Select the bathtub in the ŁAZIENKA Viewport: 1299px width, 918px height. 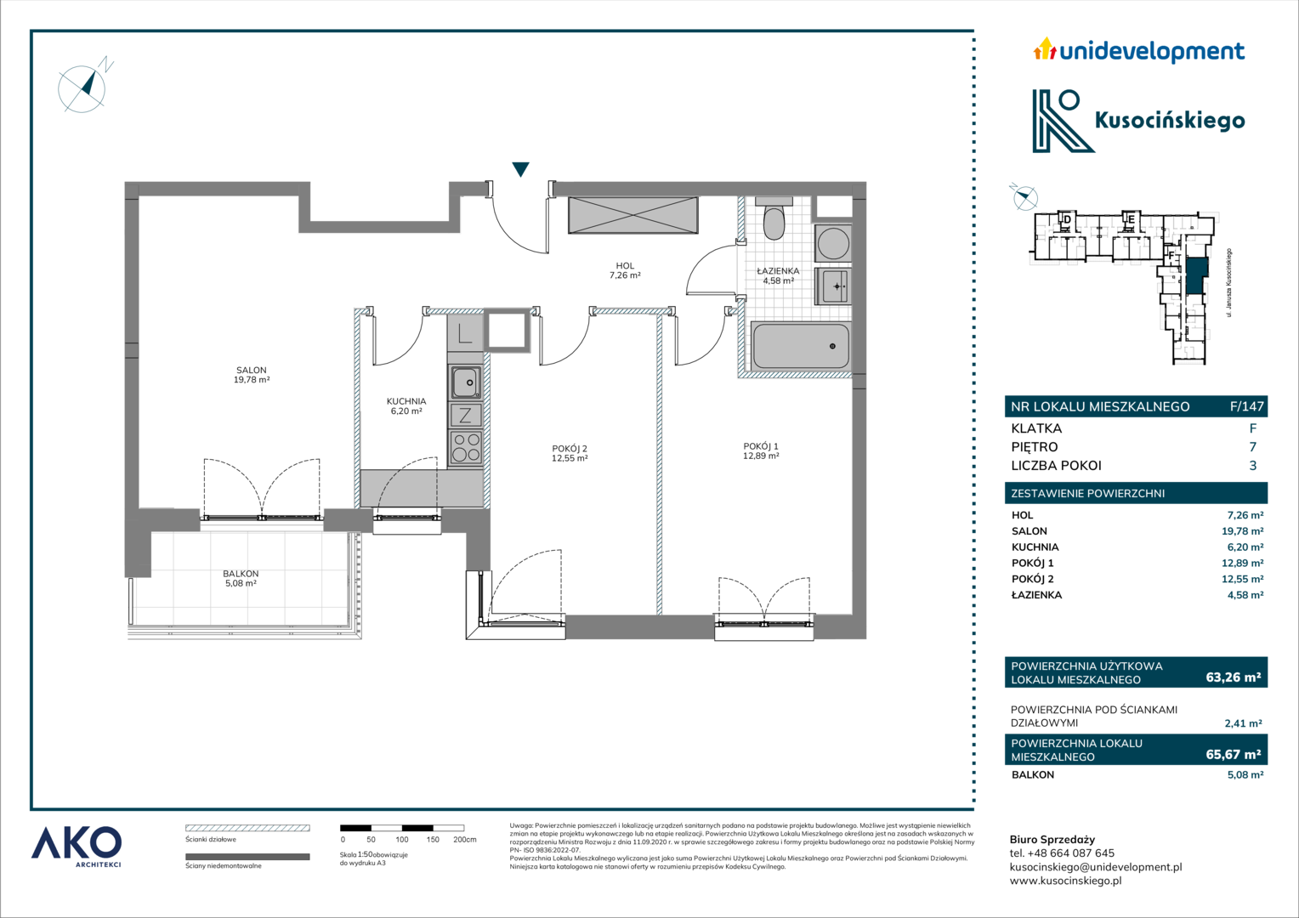point(800,346)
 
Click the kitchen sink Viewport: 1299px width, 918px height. point(465,382)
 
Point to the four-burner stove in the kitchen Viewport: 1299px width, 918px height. point(465,447)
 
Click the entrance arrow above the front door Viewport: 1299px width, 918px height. point(521,169)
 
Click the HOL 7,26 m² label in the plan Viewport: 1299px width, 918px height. point(625,271)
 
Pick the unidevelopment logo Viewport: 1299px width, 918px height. point(1138,51)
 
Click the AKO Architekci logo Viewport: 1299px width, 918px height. point(76,847)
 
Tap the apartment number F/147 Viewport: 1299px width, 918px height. point(1247,406)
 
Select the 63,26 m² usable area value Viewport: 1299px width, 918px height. point(1233,677)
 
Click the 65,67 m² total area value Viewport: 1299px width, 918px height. point(1233,754)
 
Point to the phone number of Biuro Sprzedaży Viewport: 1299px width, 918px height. point(1070,853)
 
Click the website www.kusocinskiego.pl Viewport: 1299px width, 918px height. point(1066,881)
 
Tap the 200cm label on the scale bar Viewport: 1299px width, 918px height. point(464,839)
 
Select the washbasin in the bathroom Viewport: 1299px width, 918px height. point(833,286)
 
